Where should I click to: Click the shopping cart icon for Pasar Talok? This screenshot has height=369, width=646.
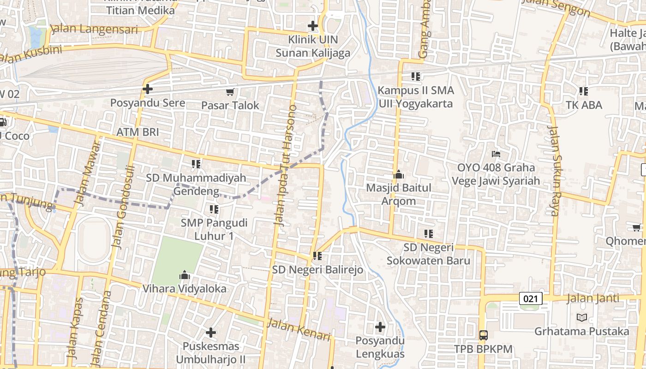[230, 92]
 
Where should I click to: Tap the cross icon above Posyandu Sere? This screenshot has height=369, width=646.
[148, 89]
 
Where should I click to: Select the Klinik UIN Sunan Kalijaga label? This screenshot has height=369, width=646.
[313, 46]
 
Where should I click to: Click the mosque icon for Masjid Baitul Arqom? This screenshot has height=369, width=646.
[398, 174]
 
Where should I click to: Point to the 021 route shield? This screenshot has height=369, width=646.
[531, 298]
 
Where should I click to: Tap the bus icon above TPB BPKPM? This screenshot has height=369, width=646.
[483, 335]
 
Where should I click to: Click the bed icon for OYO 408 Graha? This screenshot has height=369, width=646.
[496, 154]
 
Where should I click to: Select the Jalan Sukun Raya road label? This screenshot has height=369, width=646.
[553, 171]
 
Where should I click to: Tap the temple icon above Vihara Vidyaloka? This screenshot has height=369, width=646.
[185, 275]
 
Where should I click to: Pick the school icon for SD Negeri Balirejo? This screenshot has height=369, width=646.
[317, 256]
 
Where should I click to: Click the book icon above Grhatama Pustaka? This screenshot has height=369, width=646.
[581, 317]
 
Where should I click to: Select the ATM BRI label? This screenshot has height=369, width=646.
[138, 132]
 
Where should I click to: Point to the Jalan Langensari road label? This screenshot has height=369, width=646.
[94, 29]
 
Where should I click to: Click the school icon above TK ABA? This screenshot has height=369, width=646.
[584, 91]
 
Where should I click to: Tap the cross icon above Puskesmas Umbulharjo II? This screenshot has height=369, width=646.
[211, 332]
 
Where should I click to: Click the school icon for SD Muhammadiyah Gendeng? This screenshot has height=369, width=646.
[196, 164]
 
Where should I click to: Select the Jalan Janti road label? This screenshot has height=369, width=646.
[586, 298]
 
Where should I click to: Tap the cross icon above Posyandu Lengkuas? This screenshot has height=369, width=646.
[380, 327]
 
